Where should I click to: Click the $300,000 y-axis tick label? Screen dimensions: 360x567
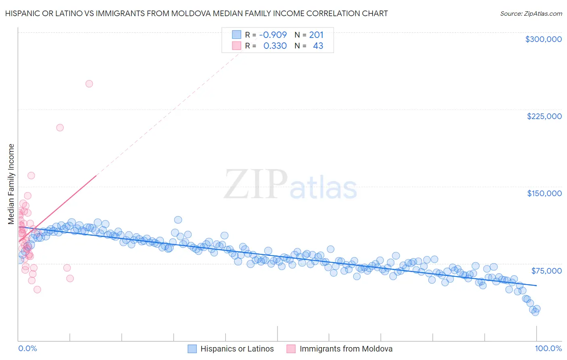543,39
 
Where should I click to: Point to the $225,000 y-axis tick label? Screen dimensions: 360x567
544,116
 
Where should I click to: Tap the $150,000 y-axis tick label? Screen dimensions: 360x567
544,193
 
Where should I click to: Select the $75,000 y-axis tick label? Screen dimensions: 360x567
546,270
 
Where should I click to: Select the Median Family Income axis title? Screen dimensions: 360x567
11,184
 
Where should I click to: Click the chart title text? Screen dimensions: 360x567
196,14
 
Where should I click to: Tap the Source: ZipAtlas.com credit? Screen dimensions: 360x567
531,14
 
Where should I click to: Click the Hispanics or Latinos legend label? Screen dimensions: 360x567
237,349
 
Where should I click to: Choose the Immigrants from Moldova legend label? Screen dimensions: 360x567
346,349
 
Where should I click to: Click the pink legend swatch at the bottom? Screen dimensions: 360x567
291,349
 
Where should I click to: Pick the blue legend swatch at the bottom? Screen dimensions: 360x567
192,349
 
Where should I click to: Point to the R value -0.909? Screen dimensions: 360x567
273,35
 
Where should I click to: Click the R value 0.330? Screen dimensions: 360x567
275,46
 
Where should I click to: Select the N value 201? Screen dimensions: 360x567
316,35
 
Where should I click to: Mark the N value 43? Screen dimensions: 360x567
318,46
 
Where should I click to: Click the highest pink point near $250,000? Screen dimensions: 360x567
89,84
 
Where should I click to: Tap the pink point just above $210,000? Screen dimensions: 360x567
60,128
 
